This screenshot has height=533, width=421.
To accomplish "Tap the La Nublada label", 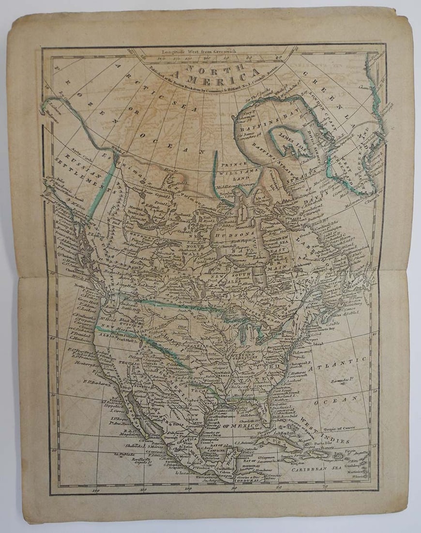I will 124,455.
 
